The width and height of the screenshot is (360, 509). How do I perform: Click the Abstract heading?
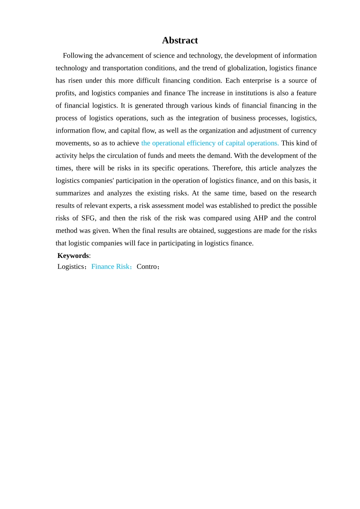click(180, 41)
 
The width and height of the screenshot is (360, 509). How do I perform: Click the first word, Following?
click(78, 56)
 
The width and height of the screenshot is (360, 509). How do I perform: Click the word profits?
click(65, 93)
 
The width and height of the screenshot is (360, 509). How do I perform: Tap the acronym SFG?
click(88, 218)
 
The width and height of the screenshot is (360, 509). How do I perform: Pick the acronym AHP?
click(260, 218)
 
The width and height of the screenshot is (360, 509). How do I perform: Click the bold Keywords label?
click(73, 256)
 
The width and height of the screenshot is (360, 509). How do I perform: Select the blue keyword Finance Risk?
click(110, 267)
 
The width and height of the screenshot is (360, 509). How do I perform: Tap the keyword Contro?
click(147, 267)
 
